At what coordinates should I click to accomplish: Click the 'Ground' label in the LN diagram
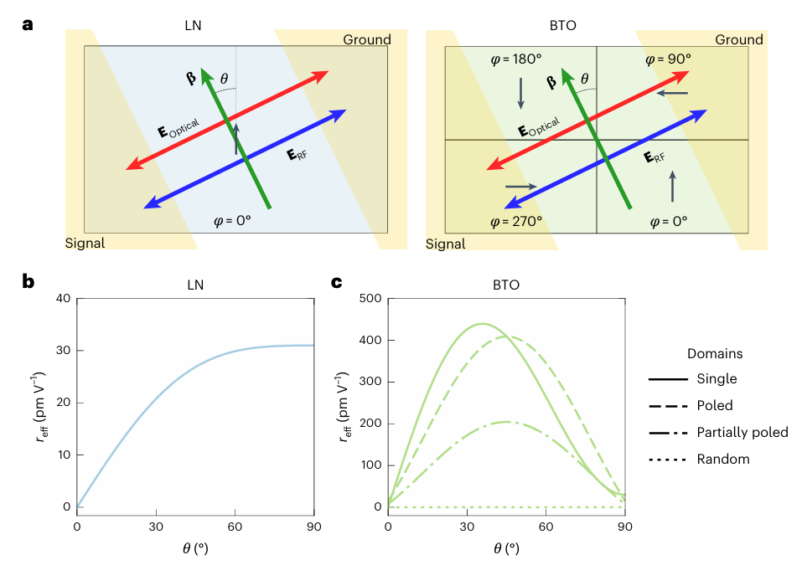click(x=366, y=40)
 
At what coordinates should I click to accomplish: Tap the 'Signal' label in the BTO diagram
click(x=446, y=244)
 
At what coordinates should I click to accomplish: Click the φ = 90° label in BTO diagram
click(x=668, y=59)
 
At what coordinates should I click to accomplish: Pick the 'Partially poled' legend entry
click(x=742, y=432)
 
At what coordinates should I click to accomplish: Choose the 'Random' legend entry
click(x=722, y=459)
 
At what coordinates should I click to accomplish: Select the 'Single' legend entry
click(x=717, y=379)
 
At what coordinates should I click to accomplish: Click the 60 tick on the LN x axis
click(x=235, y=526)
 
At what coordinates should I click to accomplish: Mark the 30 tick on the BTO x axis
click(x=467, y=526)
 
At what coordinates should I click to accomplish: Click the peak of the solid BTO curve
click(x=483, y=323)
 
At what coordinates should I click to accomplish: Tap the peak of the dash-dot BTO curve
click(x=506, y=422)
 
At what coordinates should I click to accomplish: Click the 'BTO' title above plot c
click(x=505, y=285)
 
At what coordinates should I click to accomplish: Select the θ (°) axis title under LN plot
click(x=195, y=548)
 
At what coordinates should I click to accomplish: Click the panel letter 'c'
click(x=338, y=282)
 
